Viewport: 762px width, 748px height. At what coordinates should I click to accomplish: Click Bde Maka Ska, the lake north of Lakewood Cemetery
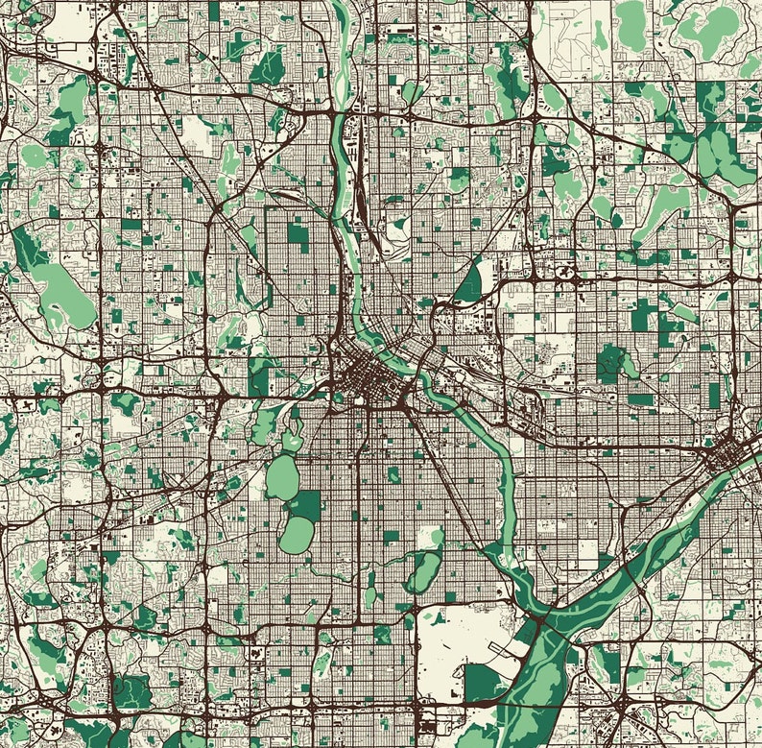pyautogui.click(x=282, y=475)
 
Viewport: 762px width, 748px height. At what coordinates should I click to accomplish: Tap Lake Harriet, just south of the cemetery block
pyautogui.click(x=297, y=535)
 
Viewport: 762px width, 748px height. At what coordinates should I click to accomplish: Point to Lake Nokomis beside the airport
pyautogui.click(x=423, y=572)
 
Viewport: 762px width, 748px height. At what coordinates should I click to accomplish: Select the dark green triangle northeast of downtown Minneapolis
pyautogui.click(x=470, y=285)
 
